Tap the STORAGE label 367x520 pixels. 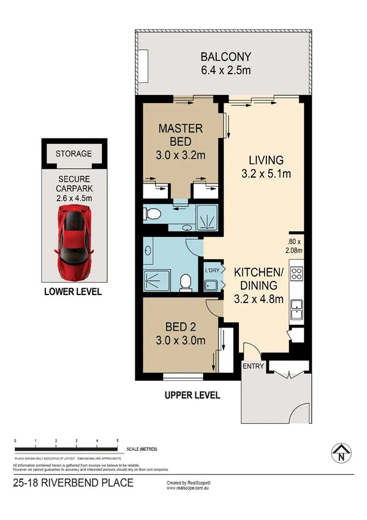74,154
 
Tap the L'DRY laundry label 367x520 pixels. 211,270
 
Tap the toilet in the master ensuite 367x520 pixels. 153,214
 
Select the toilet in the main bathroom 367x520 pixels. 186,282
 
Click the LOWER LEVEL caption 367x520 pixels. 73,292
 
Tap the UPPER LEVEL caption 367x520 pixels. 192,396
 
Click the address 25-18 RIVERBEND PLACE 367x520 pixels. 73,483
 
